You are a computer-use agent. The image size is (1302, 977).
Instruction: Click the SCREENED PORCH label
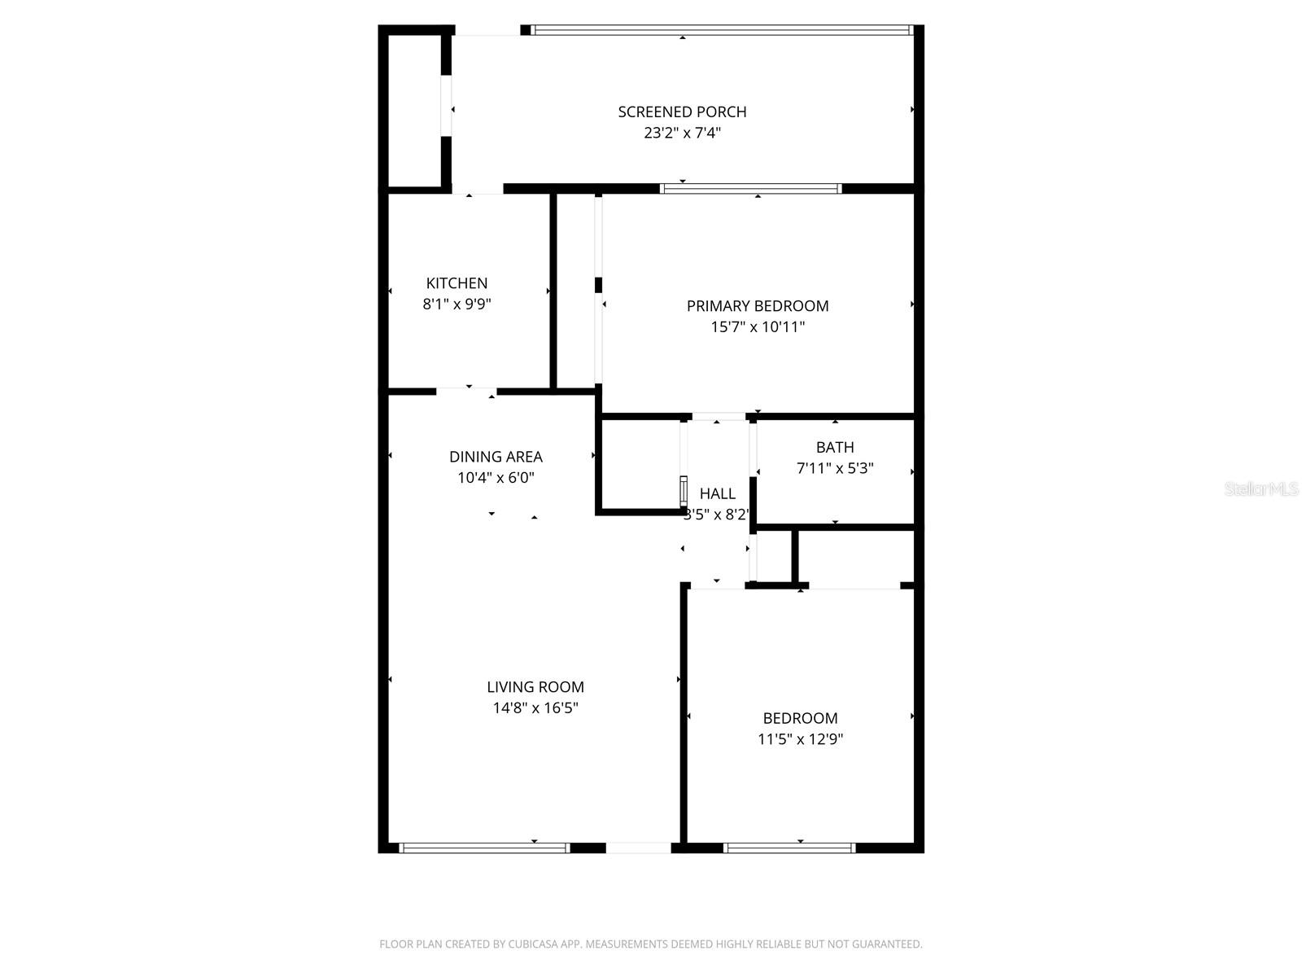[x=682, y=112]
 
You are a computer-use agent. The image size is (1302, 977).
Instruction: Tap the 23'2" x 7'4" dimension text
[x=682, y=133]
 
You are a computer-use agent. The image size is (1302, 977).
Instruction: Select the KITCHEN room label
[x=457, y=283]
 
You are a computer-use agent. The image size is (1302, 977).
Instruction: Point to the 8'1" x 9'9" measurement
[x=457, y=304]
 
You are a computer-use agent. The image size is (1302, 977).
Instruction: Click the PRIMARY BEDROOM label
[x=758, y=306]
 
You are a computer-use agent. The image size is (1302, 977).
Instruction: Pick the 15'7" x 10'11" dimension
[x=758, y=327]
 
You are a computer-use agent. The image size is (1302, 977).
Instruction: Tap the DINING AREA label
[x=496, y=457]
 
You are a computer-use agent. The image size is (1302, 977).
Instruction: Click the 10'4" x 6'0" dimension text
[x=496, y=478]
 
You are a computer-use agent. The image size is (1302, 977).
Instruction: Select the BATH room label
[x=835, y=447]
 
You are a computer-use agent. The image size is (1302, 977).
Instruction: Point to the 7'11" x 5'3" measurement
[x=835, y=468]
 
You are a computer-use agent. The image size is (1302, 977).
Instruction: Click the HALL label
[x=717, y=493]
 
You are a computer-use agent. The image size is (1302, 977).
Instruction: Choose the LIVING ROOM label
[x=535, y=687]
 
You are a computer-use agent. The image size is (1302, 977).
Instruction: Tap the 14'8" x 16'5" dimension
[x=535, y=708]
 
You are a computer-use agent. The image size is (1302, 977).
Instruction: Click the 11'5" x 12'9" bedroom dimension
[x=800, y=739]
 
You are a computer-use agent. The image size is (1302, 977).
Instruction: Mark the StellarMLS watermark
[x=1260, y=488]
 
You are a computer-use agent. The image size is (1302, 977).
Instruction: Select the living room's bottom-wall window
[x=484, y=848]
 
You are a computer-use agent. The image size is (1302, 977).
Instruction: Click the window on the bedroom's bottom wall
[x=789, y=848]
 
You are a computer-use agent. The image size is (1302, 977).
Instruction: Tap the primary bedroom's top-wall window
[x=750, y=188]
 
